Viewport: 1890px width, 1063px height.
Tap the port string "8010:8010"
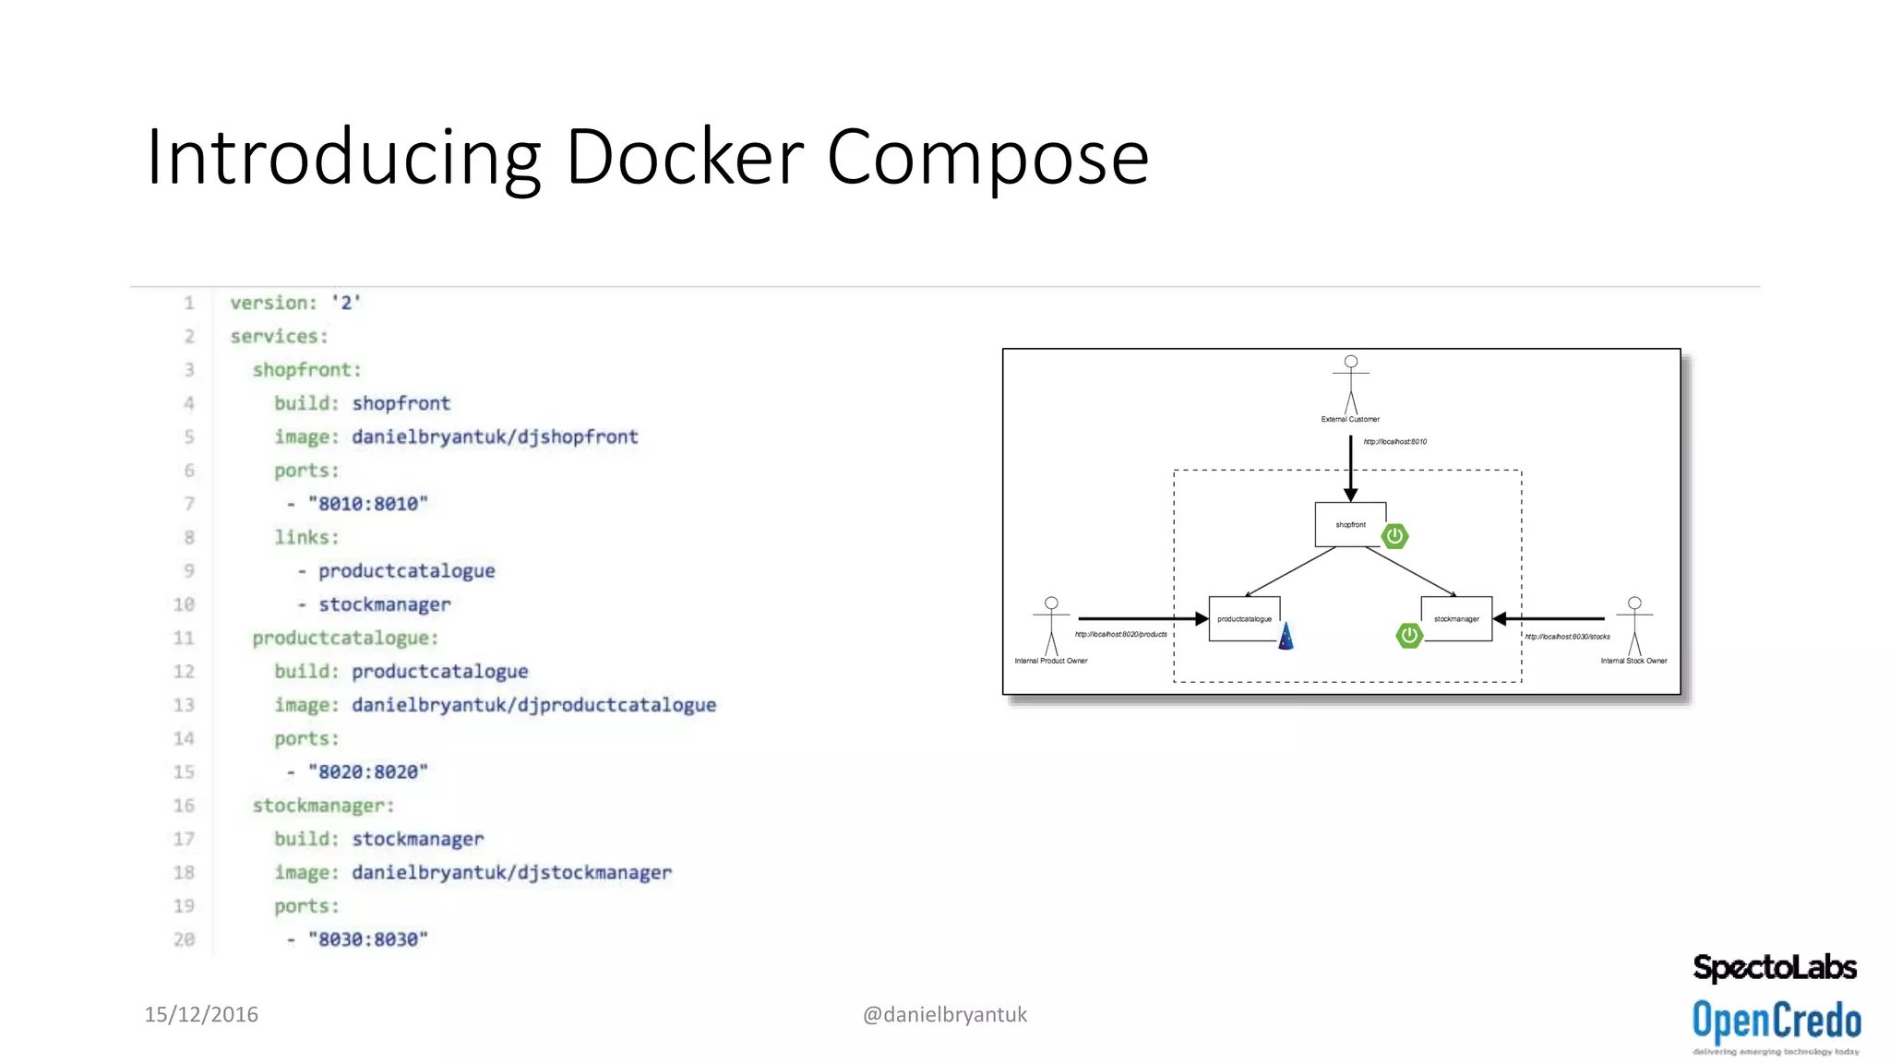coord(368,504)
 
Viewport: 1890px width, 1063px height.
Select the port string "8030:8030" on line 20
coord(368,939)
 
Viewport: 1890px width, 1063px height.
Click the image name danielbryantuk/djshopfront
coord(495,436)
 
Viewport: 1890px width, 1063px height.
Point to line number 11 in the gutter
coord(184,638)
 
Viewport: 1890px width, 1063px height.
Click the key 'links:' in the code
coord(306,537)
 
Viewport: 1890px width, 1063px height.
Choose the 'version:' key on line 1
coord(273,303)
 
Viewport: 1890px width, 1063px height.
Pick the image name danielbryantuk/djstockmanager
coord(511,872)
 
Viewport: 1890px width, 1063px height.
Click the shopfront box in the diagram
coord(1350,524)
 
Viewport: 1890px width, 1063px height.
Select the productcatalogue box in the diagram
coord(1244,619)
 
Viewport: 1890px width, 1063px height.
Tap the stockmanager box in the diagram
coord(1456,619)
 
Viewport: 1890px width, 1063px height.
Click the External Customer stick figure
coord(1350,384)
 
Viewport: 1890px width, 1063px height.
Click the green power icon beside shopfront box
coord(1394,536)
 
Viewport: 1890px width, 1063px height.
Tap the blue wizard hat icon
coord(1286,637)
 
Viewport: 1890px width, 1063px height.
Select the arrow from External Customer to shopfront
coord(1350,468)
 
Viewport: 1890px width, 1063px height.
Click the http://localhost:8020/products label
coord(1120,634)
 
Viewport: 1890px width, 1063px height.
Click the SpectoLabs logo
coord(1774,968)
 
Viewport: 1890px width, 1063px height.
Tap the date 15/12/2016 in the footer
coord(201,1014)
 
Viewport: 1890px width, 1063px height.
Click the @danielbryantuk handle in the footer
coord(944,1014)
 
